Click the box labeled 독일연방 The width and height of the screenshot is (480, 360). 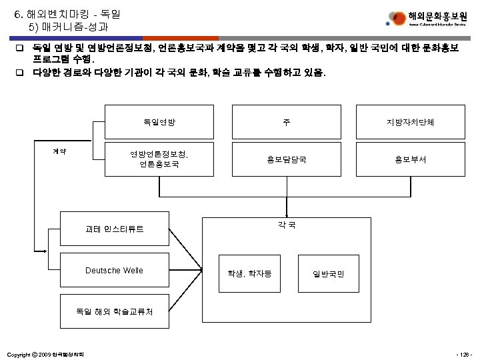[159, 122]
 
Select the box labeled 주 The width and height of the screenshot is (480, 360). [286, 122]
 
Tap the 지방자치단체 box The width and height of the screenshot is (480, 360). [411, 122]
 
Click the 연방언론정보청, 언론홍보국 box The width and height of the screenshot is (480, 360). [159, 159]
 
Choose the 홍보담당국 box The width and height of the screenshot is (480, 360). [286, 159]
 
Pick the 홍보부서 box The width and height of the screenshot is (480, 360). [411, 159]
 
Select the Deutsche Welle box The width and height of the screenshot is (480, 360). [114, 270]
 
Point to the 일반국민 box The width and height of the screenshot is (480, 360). [328, 273]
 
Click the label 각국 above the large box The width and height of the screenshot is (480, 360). [286, 225]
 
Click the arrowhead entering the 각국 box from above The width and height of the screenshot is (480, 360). [286, 215]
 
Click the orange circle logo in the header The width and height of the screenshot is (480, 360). [397, 17]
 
